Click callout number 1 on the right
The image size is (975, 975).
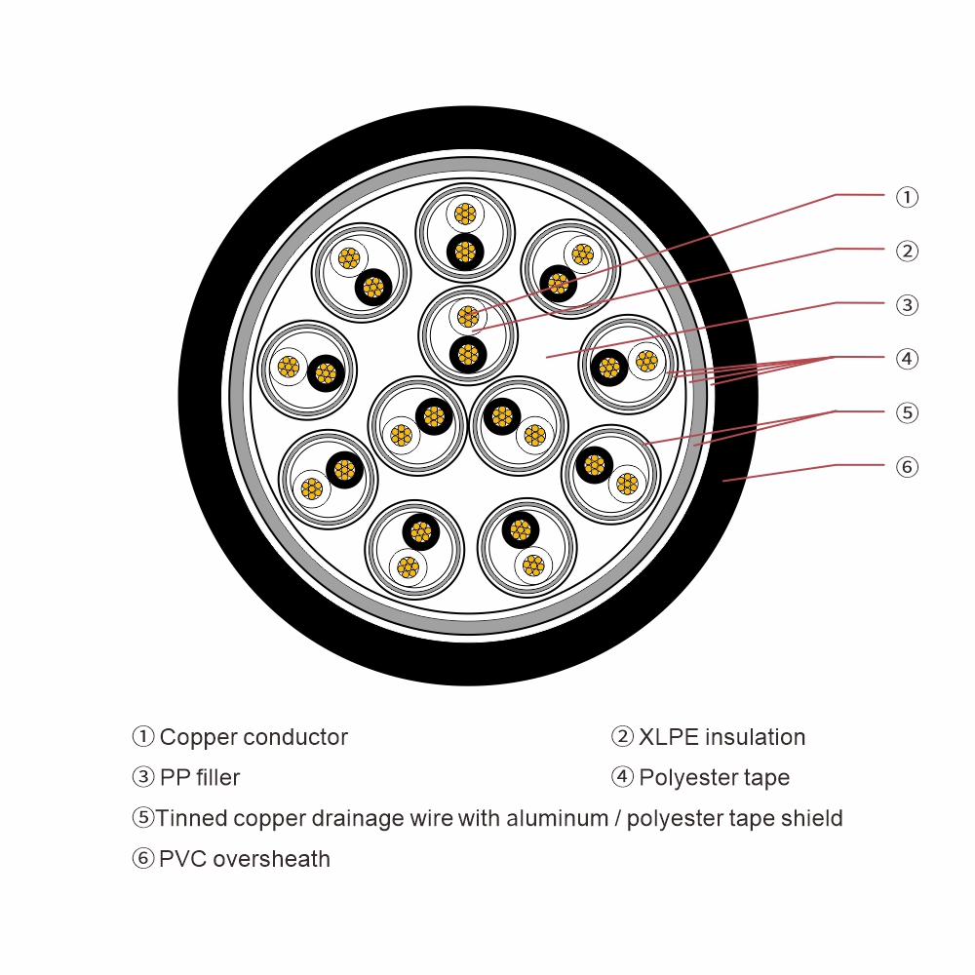[x=907, y=197]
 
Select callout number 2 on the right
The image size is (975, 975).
[x=907, y=251]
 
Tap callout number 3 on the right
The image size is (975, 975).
[x=907, y=305]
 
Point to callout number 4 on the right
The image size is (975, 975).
[x=907, y=359]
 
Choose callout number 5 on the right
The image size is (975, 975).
[x=907, y=412]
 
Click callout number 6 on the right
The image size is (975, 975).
[x=907, y=467]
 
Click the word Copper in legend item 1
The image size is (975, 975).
[x=198, y=737]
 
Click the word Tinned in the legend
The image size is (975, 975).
[x=191, y=818]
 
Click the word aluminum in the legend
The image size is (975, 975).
[x=555, y=818]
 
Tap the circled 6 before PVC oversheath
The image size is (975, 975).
[x=143, y=859]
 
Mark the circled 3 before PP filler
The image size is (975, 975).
[x=143, y=778]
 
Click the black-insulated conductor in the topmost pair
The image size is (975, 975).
[x=465, y=251]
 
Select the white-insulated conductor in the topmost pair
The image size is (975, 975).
[x=465, y=214]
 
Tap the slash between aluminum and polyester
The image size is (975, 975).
[x=618, y=818]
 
